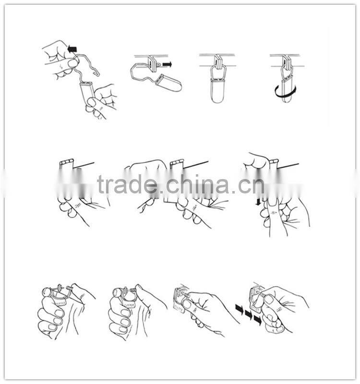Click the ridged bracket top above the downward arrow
click(x=274, y=161)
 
